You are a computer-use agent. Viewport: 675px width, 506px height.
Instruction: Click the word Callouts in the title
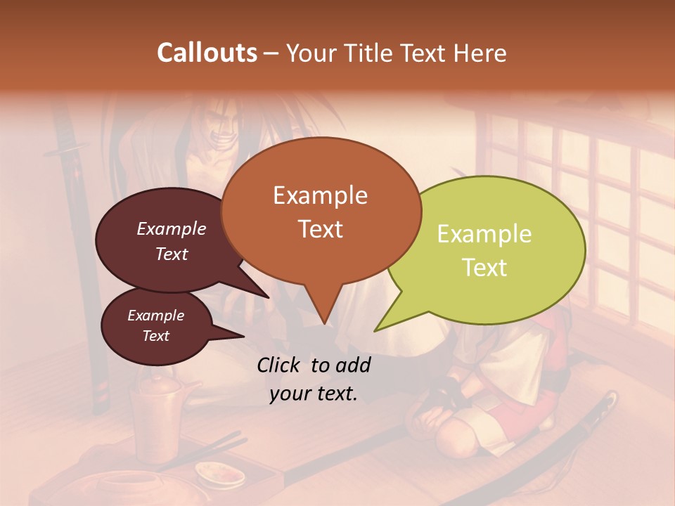coord(207,53)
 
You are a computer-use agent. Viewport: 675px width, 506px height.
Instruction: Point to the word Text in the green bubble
coord(484,268)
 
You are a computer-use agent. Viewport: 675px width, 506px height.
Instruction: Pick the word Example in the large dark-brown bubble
coord(172,228)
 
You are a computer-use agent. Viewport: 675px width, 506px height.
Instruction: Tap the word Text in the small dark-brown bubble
coord(156,336)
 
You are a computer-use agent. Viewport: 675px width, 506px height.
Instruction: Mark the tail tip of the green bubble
coord(375,331)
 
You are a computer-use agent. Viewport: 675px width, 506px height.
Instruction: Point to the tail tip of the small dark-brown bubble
coord(243,336)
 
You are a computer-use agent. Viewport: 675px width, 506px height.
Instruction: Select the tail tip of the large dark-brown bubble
coord(268,297)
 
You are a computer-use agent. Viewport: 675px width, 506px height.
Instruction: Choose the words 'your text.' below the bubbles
coord(314,394)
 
